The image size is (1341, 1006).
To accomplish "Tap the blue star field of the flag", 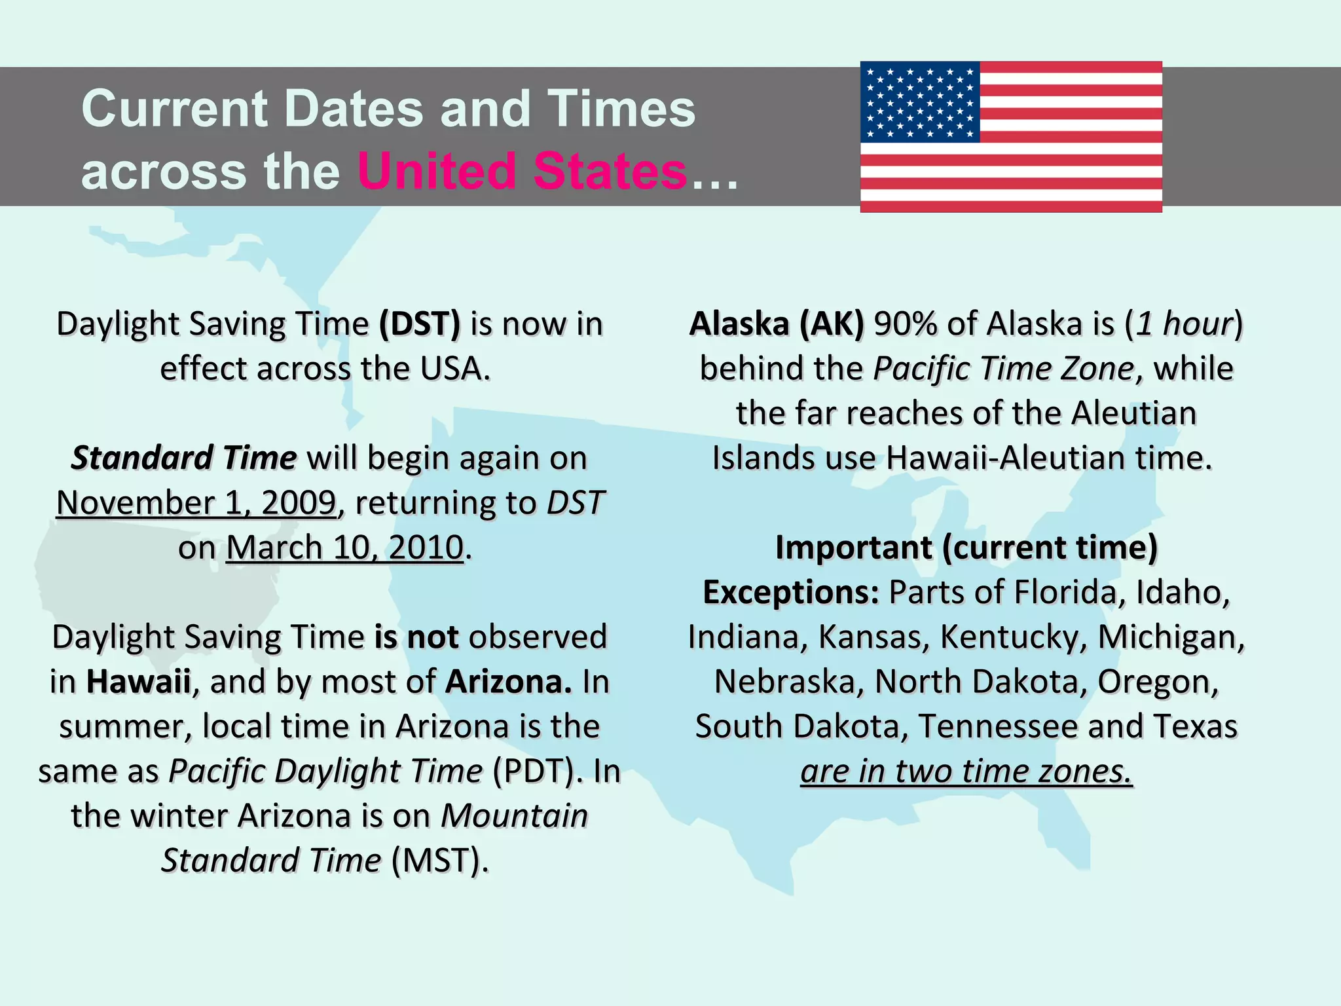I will tap(920, 102).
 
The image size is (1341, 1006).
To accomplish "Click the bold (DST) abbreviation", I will tap(420, 324).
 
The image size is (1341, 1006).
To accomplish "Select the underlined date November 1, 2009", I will tap(196, 503).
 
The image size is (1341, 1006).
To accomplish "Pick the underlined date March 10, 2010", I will tap(345, 548).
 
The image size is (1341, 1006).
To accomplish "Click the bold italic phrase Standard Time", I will tap(184, 458).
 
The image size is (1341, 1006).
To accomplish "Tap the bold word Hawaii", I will tap(139, 682).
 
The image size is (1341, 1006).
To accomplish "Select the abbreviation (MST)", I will tap(440, 861).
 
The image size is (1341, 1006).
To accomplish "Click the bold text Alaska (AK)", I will tap(777, 324).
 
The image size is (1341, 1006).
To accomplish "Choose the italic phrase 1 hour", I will tap(1184, 324).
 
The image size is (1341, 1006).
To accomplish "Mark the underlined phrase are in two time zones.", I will tap(966, 772).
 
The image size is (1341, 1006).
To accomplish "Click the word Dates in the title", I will tap(354, 109).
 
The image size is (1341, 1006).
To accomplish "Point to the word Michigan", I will tap(1171, 637).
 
